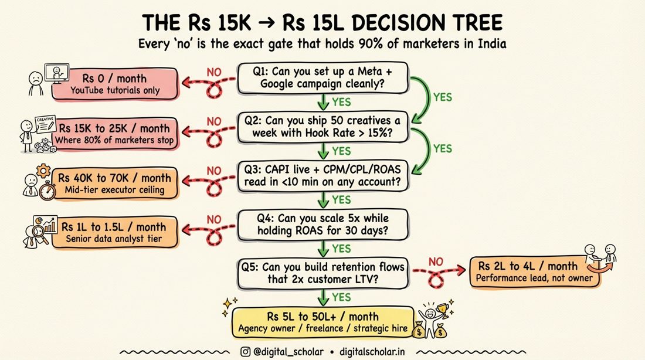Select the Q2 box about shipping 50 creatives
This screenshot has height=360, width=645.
(x=322, y=127)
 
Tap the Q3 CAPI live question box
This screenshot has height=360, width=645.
(x=322, y=176)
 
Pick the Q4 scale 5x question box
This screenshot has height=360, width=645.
(x=322, y=225)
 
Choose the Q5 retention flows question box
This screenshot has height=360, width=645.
(x=322, y=273)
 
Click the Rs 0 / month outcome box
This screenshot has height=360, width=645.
(x=115, y=84)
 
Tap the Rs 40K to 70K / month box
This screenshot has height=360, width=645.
(x=115, y=183)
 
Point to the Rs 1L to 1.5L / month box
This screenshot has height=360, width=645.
(x=115, y=232)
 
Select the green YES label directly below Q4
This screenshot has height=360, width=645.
(x=341, y=249)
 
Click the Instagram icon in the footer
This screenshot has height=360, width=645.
(x=245, y=352)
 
